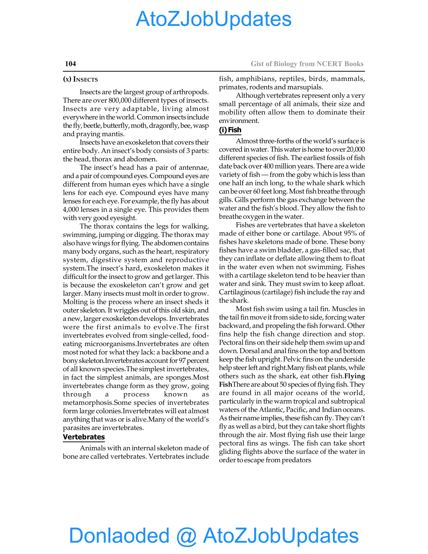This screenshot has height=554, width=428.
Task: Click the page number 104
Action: [70, 64]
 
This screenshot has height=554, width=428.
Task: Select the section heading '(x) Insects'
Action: [80, 79]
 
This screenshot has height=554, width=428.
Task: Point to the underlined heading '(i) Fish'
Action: [230, 130]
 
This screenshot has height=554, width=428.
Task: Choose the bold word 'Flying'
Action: [354, 376]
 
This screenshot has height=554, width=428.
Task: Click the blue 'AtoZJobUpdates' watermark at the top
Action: [214, 19]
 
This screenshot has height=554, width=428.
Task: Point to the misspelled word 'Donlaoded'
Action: [119, 535]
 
